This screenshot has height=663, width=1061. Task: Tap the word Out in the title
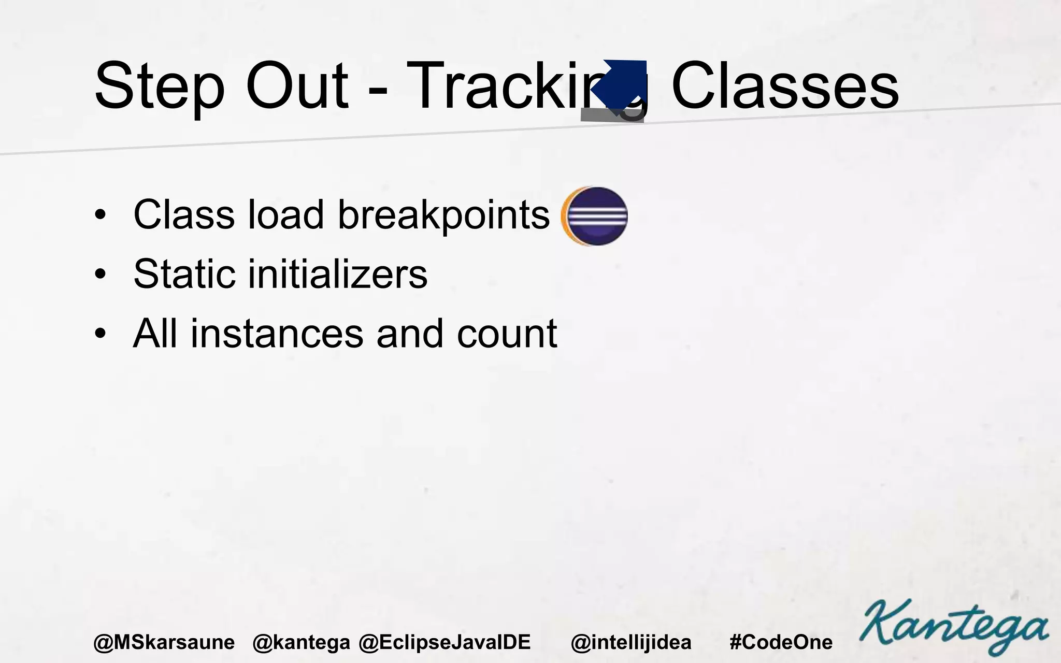click(297, 86)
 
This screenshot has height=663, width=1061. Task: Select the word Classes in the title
click(784, 86)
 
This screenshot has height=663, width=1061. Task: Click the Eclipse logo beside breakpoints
click(595, 215)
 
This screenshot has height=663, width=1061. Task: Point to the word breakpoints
click(443, 215)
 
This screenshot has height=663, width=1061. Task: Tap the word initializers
click(338, 274)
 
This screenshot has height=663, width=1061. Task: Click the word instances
click(277, 334)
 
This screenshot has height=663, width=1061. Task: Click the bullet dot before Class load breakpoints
click(101, 215)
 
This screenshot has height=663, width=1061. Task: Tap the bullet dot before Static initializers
click(101, 275)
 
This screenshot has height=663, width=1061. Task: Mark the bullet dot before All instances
click(101, 334)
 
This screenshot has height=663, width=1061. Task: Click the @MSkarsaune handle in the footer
click(164, 642)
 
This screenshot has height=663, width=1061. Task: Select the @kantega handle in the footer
click(301, 642)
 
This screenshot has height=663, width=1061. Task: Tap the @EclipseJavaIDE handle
click(445, 642)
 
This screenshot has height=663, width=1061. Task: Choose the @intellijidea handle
click(631, 642)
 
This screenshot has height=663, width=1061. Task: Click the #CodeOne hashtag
click(781, 642)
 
